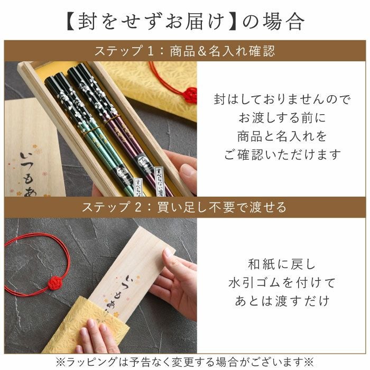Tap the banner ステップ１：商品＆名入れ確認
tap(184, 51)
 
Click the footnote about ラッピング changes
tap(185, 362)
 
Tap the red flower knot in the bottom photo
tap(57, 283)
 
